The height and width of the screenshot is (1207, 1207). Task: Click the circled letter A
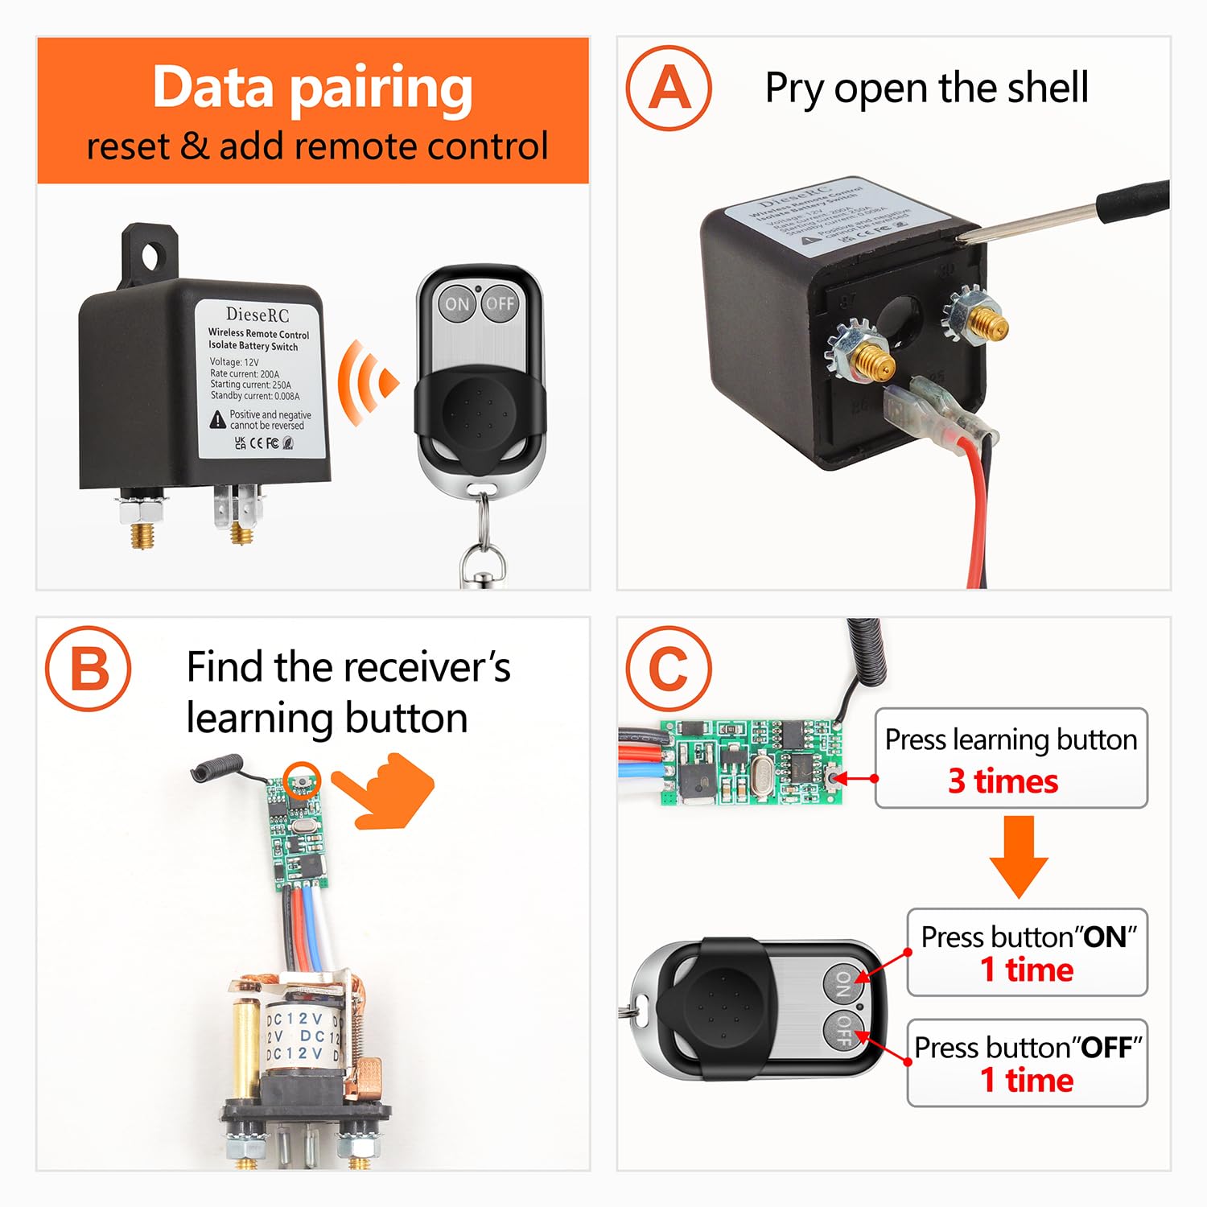pyautogui.click(x=669, y=88)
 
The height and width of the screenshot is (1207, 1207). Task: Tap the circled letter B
pyautogui.click(x=88, y=668)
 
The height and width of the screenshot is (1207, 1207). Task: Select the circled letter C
pyautogui.click(x=669, y=668)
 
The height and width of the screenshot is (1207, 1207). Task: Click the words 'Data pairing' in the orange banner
pyautogui.click(x=312, y=87)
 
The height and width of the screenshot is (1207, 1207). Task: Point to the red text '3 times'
pyautogui.click(x=1003, y=781)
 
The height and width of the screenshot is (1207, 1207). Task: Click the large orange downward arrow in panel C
pyautogui.click(x=1019, y=856)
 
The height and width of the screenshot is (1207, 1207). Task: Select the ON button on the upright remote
pyautogui.click(x=457, y=303)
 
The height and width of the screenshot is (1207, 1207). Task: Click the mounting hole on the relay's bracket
pyautogui.click(x=150, y=257)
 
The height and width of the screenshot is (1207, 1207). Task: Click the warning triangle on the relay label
pyautogui.click(x=218, y=419)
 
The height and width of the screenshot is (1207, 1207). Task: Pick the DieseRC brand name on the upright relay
pyautogui.click(x=257, y=315)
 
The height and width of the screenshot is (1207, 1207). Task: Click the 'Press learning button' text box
pyautogui.click(x=1011, y=757)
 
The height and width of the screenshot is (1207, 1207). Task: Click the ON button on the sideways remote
pyautogui.click(x=842, y=983)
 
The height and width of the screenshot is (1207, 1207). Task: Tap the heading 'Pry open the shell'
pyautogui.click(x=926, y=88)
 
